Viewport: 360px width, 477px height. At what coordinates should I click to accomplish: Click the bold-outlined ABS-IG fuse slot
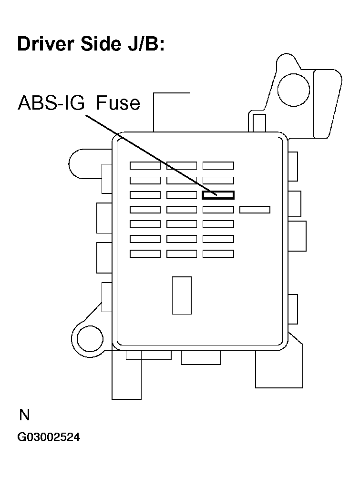218,195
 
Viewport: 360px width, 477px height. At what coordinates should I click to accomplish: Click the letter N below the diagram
24,416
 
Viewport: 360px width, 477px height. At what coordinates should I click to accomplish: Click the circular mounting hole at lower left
89,339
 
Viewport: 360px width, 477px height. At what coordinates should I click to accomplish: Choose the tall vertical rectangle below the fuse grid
181,295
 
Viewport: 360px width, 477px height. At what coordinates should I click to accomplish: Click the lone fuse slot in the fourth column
255,210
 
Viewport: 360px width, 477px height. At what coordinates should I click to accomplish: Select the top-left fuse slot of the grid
145,166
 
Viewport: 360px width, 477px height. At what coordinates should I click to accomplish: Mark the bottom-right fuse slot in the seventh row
218,254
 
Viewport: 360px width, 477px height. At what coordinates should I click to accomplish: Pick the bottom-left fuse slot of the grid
145,254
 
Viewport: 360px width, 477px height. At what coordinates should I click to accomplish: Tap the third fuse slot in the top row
218,166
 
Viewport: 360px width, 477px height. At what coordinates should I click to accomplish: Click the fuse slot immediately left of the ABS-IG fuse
182,195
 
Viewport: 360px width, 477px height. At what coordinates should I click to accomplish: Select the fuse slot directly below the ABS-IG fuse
218,210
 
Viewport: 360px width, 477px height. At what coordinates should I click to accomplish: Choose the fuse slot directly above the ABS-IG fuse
218,181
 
